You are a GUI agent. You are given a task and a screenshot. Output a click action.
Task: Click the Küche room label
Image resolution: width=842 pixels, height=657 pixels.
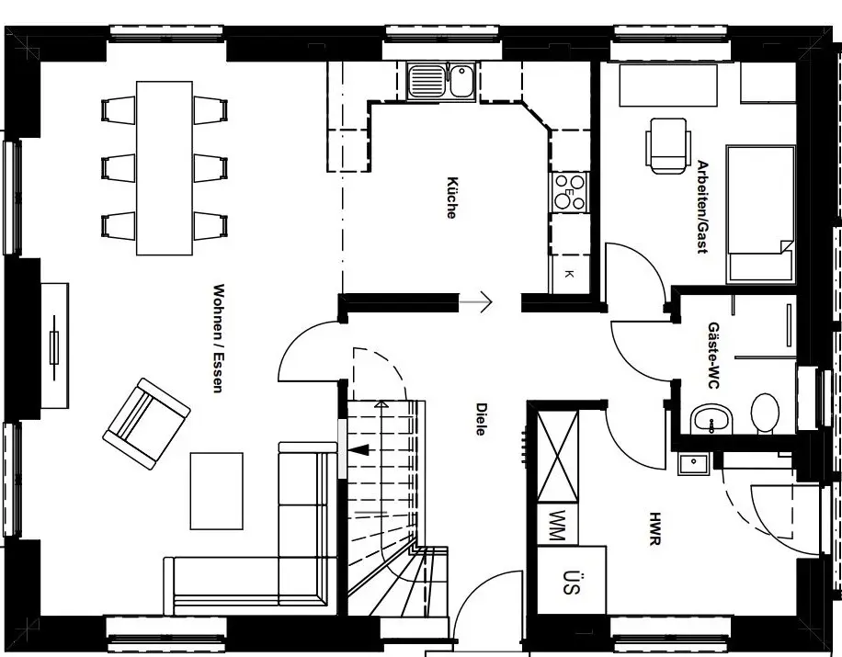point(452,197)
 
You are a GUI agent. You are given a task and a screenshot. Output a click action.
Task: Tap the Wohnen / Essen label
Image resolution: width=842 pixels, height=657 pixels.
point(218,339)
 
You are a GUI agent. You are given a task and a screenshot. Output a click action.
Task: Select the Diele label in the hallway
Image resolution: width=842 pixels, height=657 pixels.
point(480,418)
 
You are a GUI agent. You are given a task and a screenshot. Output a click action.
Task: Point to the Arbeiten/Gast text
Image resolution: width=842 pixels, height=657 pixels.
point(702,208)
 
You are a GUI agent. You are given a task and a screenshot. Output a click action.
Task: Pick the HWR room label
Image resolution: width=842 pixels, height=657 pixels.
point(654,530)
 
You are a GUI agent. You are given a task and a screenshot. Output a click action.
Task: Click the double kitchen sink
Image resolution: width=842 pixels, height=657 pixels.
point(440,80)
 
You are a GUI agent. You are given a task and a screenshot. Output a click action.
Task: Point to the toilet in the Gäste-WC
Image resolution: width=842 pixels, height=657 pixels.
point(764,413)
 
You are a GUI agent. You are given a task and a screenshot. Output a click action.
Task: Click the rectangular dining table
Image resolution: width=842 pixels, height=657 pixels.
point(165,167)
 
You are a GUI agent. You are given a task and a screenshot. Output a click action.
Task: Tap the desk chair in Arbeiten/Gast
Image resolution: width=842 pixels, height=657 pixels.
point(666,145)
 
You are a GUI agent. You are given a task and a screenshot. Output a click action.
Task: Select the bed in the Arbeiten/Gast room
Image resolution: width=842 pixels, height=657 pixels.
point(760,213)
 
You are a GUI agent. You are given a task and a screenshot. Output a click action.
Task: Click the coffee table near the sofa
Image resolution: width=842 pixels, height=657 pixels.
point(217,490)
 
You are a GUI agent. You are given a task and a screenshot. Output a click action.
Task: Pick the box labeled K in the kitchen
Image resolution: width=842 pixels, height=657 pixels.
point(569,274)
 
